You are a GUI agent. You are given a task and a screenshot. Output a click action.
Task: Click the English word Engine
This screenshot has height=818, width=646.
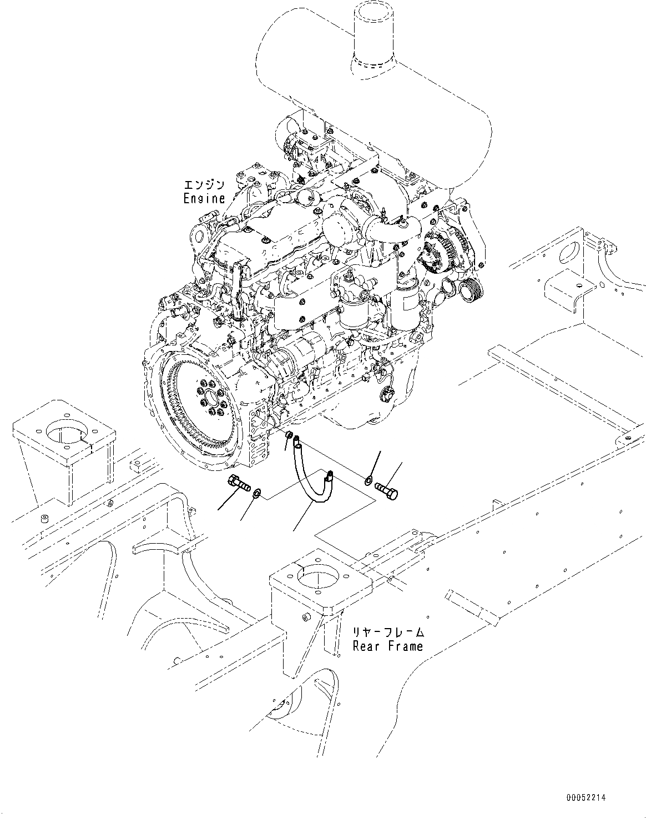[204, 198]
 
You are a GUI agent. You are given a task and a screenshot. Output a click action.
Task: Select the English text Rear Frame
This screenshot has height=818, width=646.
[388, 646]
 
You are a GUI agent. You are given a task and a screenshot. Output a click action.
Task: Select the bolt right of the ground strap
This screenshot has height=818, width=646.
[387, 490]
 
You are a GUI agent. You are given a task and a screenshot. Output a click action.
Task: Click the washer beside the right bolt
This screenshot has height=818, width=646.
[369, 479]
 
